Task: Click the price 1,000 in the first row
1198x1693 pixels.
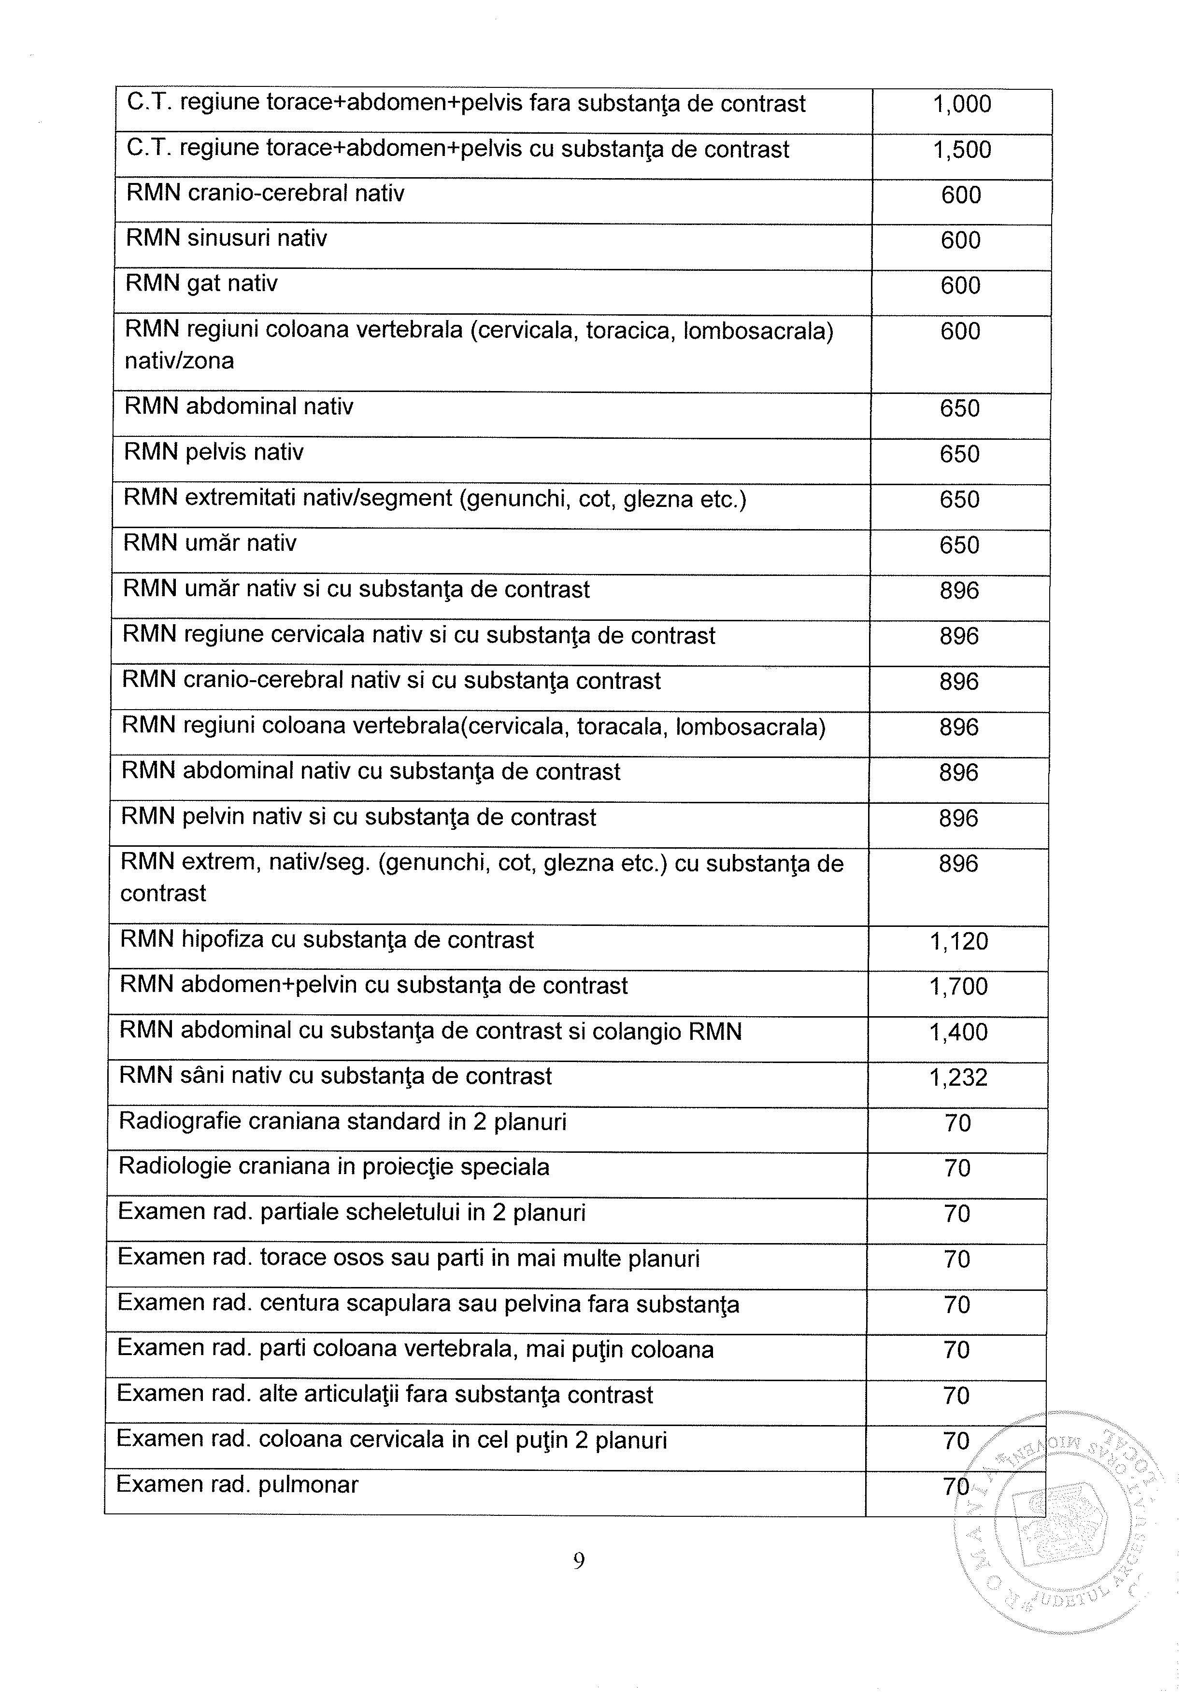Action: [961, 105]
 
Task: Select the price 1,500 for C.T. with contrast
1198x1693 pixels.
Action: [961, 151]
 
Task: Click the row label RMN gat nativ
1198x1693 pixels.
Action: [201, 284]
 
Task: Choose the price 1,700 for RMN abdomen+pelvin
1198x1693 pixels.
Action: [958, 987]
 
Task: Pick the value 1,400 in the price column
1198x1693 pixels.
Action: [958, 1032]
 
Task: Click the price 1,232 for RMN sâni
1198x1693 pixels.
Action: [958, 1078]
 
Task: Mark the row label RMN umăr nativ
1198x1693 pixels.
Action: [210, 544]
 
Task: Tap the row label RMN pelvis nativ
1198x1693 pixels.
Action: [213, 452]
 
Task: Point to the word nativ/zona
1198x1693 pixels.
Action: [179, 361]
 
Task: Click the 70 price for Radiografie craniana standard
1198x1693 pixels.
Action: [957, 1124]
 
